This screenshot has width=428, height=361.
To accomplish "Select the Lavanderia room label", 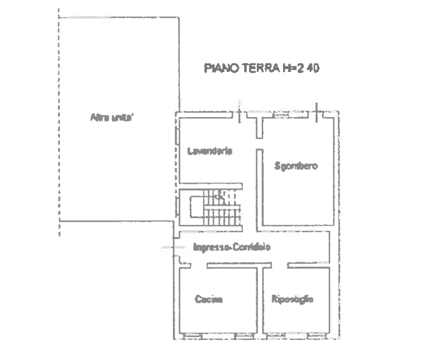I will coord(210,151).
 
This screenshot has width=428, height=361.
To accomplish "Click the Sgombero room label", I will coord(296,166).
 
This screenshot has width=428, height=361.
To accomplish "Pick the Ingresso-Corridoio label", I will coord(231,247).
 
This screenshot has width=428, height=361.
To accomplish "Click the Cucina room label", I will coord(208,299).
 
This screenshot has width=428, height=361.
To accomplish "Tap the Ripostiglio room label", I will coord(293,299).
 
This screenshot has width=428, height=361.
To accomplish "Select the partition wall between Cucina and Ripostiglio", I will coord(261,300).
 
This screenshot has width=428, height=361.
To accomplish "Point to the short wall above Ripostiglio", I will coord(308,264).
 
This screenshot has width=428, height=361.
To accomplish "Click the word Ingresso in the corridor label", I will coord(211,247).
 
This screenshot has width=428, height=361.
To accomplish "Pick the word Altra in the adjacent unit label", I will coord(99,118).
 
